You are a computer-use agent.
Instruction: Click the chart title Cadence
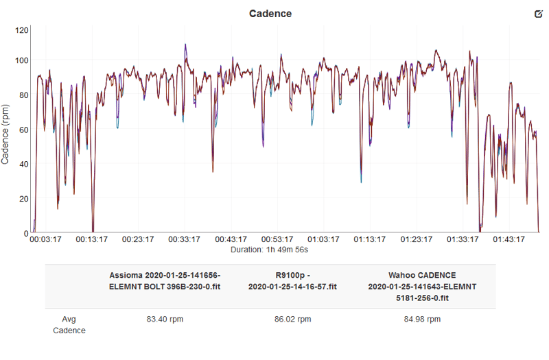tap(270, 13)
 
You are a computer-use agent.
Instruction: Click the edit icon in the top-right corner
tap(537, 14)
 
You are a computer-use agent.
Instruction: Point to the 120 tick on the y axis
tap(22, 30)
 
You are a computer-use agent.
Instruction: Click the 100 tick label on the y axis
tap(22, 60)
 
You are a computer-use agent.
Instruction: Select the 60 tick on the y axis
tap(24, 130)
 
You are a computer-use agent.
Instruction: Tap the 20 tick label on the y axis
tap(24, 199)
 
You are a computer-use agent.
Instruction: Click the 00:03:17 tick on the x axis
tap(46, 240)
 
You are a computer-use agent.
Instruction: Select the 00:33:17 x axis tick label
tap(185, 240)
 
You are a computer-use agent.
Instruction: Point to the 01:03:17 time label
tap(323, 240)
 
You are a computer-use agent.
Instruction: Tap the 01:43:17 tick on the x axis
tap(509, 240)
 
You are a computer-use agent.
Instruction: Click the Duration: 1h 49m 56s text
tap(274, 250)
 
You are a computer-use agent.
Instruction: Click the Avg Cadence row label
tap(69, 324)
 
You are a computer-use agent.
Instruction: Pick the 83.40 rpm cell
tap(165, 320)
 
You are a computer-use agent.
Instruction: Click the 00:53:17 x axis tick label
tap(277, 240)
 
